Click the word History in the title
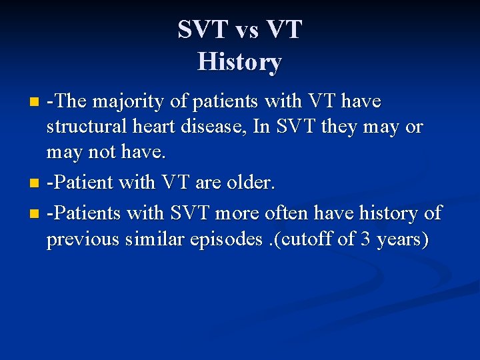pyautogui.click(x=240, y=62)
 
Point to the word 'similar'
pyautogui.click(x=150, y=238)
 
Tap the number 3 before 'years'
pyautogui.click(x=365, y=238)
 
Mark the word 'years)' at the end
pyautogui.click(x=402, y=238)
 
